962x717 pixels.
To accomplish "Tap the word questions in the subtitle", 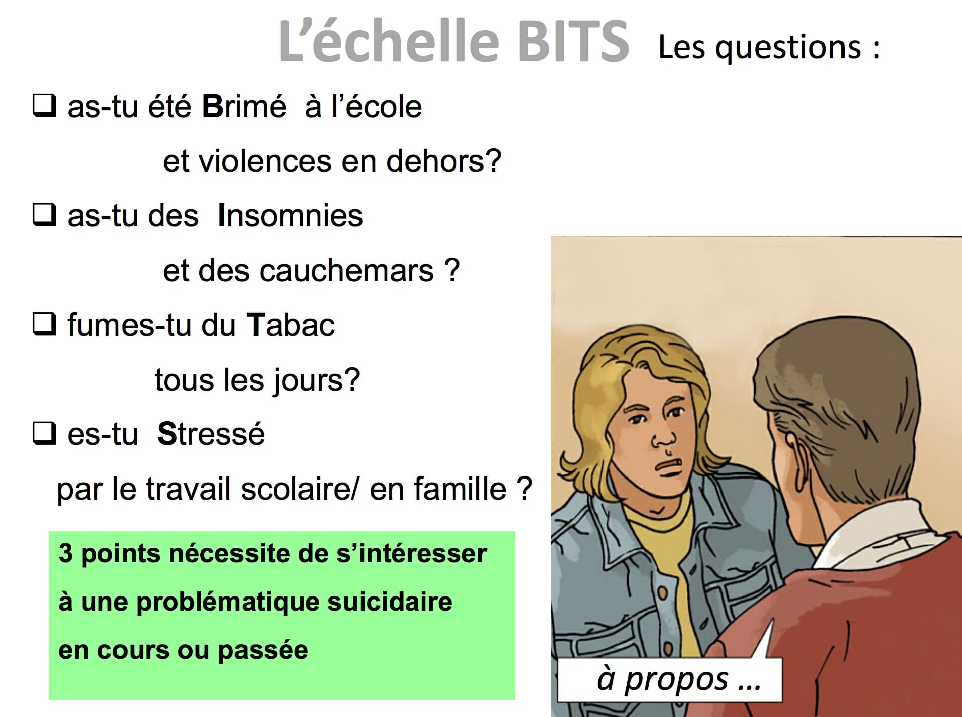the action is coord(788,48).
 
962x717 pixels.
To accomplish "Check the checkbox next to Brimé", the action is coord(44,106).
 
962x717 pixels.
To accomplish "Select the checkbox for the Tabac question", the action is coord(44,324).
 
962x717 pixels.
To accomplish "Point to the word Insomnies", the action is coord(290,216).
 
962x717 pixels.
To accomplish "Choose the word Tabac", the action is coord(290,325).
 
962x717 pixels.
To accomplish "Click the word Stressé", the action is coord(211,434).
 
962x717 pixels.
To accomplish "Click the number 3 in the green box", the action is coord(66,554).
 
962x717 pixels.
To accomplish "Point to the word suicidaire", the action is coord(390,602).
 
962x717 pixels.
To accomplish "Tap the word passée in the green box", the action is coord(263,651).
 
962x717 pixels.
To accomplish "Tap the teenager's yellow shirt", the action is coord(668,552).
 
